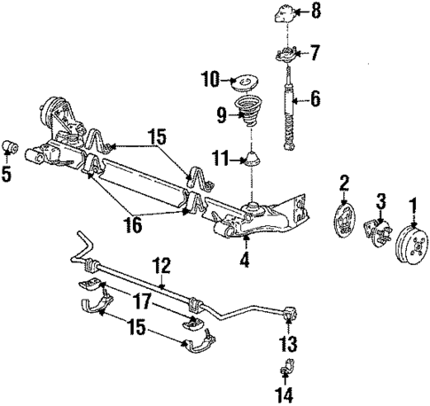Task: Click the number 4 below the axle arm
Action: (245, 262)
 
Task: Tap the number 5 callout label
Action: (8, 175)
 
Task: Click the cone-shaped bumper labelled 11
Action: (254, 160)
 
